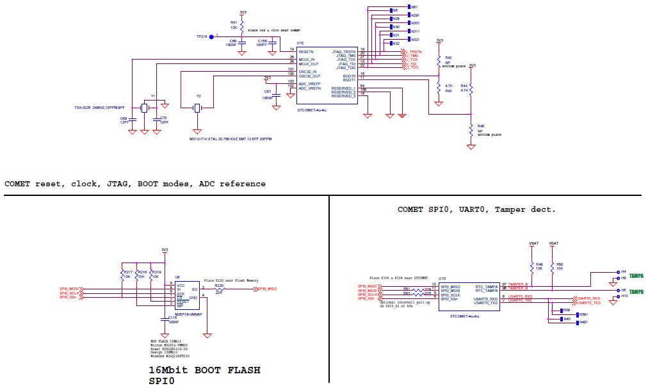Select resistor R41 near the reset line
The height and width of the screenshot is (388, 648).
tap(242, 25)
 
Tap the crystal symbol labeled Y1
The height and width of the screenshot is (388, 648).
tap(145, 108)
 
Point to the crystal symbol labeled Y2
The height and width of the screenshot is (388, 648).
tap(198, 108)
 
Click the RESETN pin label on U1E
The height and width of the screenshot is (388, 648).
tap(306, 50)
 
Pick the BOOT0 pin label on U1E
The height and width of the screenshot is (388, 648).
tap(349, 75)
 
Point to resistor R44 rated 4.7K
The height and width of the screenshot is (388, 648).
tap(471, 90)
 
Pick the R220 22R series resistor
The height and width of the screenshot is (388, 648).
tap(219, 289)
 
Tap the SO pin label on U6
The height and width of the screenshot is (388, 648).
tap(194, 289)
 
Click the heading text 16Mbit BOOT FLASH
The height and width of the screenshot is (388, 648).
tap(204, 370)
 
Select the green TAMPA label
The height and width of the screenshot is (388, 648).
tap(636, 276)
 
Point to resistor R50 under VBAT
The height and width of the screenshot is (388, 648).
tap(554, 266)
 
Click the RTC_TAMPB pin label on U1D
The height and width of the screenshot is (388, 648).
tap(487, 290)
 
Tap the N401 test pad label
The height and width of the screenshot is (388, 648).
tap(583, 322)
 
